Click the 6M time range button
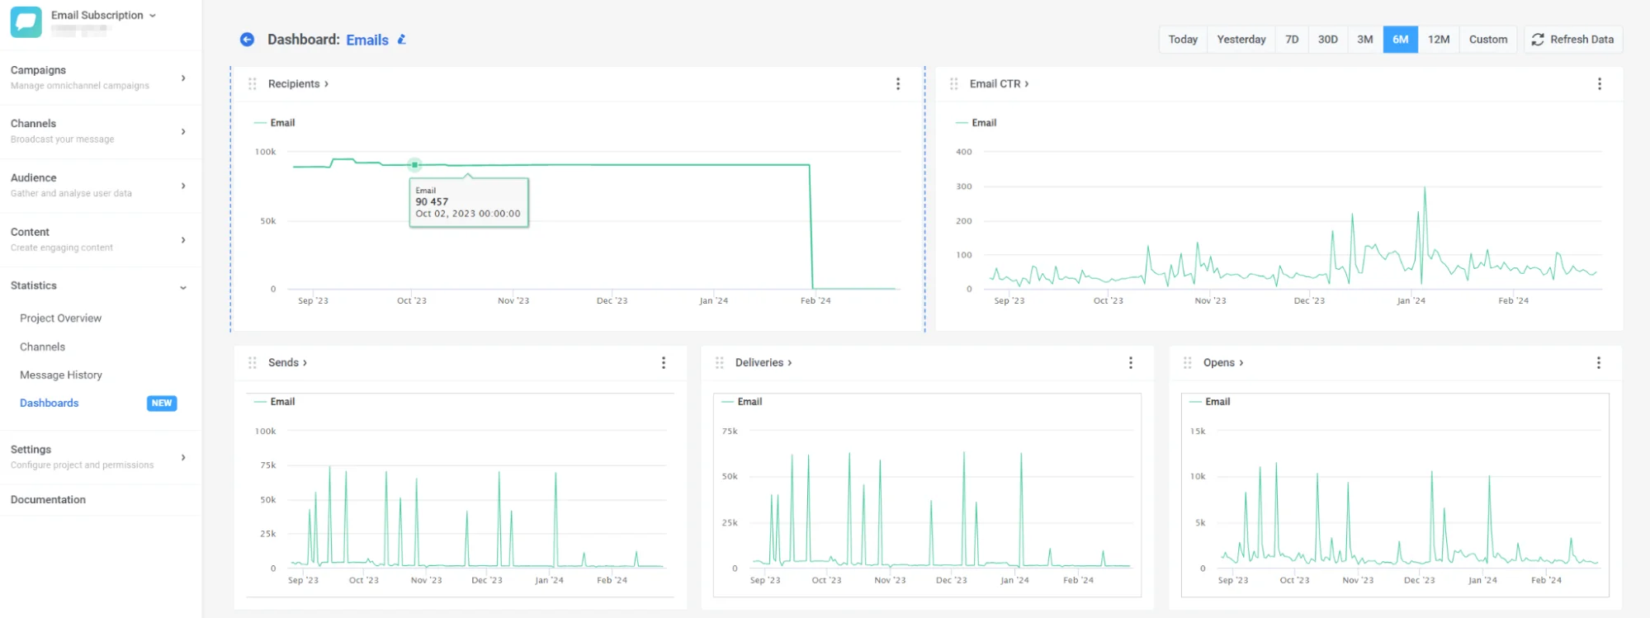[1400, 40]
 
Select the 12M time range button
[1439, 40]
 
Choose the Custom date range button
[1487, 40]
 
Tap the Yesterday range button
[1241, 40]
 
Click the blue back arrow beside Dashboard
[247, 40]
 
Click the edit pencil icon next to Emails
[402, 40]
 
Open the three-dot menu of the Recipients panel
[898, 84]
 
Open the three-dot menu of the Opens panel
[1598, 363]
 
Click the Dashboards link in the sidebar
[50, 403]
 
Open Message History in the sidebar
[61, 375]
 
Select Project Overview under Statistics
[61, 318]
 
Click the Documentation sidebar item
[48, 500]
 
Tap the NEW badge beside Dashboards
[162, 403]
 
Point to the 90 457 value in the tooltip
[432, 202]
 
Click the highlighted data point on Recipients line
[415, 165]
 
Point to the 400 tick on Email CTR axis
[963, 152]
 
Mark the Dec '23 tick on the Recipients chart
[612, 301]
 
